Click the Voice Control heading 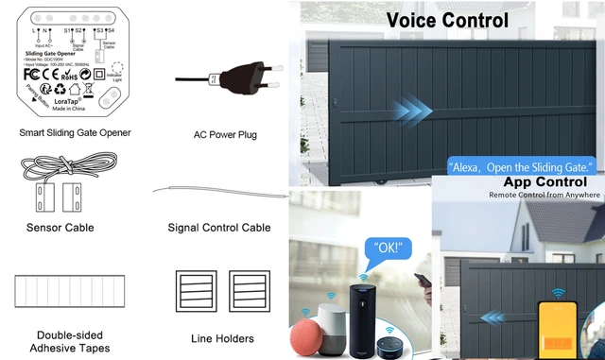pyautogui.click(x=446, y=20)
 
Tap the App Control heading pyautogui.click(x=544, y=180)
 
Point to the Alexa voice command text pyautogui.click(x=519, y=165)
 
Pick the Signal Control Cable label pyautogui.click(x=219, y=228)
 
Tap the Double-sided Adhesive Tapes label pyautogui.click(x=74, y=342)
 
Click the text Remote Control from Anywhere pyautogui.click(x=544, y=195)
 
